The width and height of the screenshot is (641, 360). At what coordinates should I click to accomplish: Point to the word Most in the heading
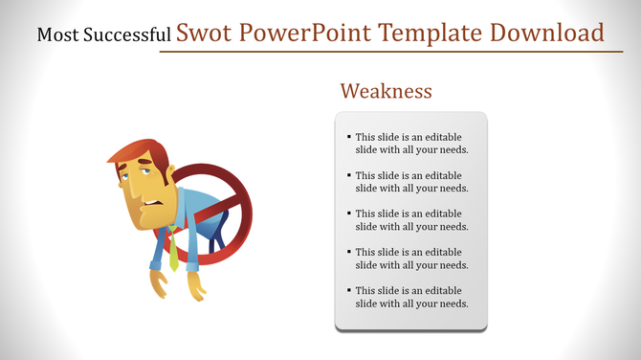(55, 36)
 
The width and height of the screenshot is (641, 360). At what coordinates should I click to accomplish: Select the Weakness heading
(387, 91)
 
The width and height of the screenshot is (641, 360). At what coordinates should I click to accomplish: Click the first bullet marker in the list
(349, 138)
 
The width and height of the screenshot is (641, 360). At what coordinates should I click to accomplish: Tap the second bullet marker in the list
(349, 176)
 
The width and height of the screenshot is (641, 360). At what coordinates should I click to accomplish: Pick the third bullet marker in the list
(349, 214)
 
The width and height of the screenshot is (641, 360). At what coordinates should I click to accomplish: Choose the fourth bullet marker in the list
(349, 253)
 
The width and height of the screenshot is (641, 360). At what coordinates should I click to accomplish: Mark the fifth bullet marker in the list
(349, 291)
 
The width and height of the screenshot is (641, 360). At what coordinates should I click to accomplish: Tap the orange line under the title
(383, 51)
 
